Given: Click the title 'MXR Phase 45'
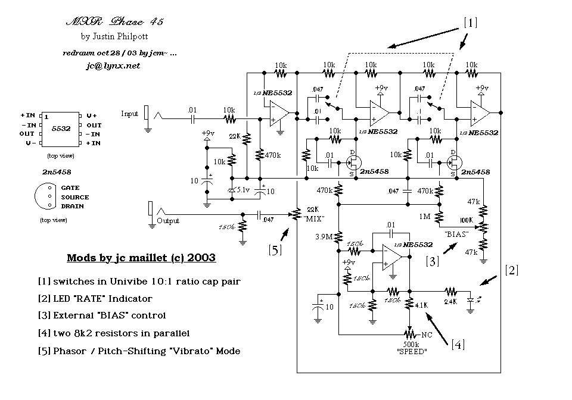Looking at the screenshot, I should coord(114,21).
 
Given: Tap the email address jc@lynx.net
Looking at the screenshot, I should coord(113,66).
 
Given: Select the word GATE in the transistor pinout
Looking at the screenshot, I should coord(70,187).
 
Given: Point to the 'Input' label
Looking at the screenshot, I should coord(129,113).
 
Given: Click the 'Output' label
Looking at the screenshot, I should coord(167,220).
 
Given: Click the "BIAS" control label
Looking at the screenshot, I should coord(456,234).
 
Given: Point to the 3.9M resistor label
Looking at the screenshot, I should coord(325,237).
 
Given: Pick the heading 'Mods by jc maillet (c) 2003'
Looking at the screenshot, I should coord(141,258).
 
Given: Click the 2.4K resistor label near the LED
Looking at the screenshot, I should coord(451,301).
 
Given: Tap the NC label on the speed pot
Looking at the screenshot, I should coord(426,335).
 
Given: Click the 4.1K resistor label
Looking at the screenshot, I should coord(422,305).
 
